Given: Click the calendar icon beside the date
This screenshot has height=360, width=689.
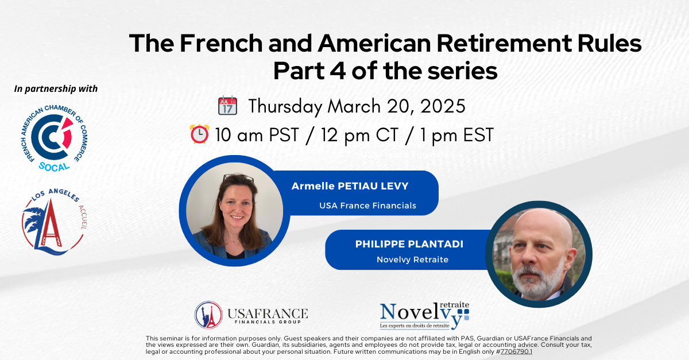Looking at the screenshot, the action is [227, 106].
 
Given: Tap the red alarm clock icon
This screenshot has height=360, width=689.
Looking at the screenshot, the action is [199, 134].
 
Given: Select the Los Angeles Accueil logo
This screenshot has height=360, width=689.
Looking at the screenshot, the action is [55, 222].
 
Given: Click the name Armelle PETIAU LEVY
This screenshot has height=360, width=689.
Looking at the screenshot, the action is [350, 186].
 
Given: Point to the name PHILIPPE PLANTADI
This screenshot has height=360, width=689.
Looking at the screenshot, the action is [409, 244].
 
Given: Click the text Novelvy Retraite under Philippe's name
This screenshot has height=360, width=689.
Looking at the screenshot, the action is [412, 260].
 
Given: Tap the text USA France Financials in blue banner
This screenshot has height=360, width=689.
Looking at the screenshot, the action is [367, 206].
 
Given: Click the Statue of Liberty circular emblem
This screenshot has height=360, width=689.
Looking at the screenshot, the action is [208, 315].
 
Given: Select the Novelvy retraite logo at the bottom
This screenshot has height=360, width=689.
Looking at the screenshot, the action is [425, 315].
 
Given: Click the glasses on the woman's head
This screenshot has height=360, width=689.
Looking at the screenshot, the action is [239, 177].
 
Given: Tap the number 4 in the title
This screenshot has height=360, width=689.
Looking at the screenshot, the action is [338, 71].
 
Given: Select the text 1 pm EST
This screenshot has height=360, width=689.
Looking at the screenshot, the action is [457, 135].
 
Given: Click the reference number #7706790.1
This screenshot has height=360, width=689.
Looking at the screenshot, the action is [514, 351].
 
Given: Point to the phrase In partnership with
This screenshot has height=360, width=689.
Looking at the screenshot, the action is [56, 88].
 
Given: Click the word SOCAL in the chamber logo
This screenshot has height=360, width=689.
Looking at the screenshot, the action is [54, 167].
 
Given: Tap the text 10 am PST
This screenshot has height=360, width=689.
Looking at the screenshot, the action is [257, 135].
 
